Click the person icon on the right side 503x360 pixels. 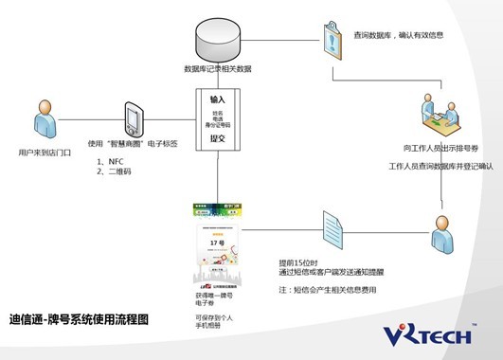pos(442,228)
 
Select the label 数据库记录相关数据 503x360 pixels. pos(217,69)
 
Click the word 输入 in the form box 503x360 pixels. pos(218,99)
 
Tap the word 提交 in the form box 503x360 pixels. pos(218,137)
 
